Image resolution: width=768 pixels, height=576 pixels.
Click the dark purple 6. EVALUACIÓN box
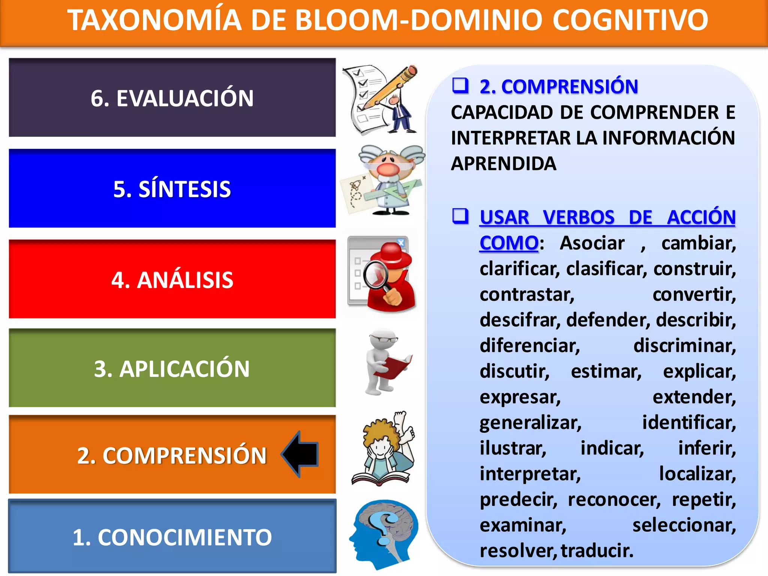pos(172,97)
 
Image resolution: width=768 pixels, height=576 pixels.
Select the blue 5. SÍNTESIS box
pos(172,188)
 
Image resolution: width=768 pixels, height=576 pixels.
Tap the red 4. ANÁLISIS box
pos(172,279)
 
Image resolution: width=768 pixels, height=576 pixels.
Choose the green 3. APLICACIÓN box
pos(172,368)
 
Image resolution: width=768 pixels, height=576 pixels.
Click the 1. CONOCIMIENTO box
pos(172,536)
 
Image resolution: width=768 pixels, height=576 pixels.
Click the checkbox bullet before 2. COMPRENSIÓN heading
pos(460,85)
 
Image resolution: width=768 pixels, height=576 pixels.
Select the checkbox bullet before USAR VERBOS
pos(460,216)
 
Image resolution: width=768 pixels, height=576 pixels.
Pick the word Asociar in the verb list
pos(592,243)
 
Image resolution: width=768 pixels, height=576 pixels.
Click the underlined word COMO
pos(509,243)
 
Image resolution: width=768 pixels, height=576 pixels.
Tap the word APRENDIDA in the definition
pos(504,163)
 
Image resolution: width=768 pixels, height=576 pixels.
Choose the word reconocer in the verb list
pos(614,499)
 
